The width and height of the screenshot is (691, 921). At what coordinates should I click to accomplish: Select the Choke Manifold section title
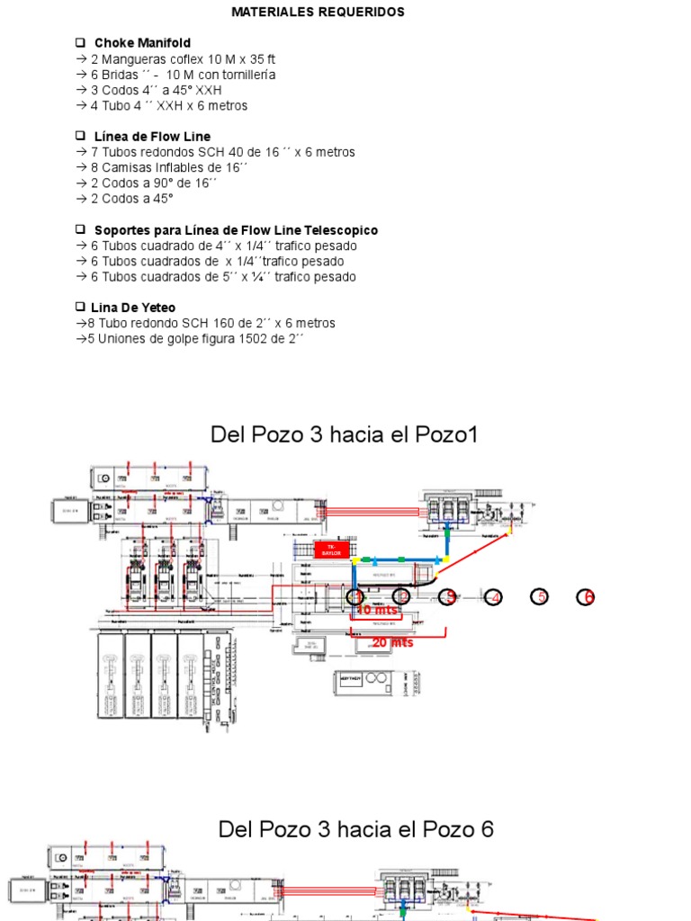tap(142, 42)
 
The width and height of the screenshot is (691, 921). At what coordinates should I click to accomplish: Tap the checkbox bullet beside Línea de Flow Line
tap(79, 136)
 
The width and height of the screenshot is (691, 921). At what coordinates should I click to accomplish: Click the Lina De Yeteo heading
tap(133, 308)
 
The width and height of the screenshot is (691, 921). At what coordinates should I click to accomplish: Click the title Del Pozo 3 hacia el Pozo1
tap(344, 435)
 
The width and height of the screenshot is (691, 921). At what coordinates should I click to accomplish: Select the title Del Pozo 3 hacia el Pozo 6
tap(355, 829)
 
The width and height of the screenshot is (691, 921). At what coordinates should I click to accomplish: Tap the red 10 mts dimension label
tap(377, 610)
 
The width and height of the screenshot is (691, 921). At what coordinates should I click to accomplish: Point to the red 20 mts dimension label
tap(392, 642)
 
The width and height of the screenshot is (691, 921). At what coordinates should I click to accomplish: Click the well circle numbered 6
tap(586, 597)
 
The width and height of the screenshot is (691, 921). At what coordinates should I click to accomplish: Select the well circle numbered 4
tap(493, 597)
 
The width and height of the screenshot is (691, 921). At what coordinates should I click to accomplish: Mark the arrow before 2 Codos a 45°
tap(82, 199)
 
